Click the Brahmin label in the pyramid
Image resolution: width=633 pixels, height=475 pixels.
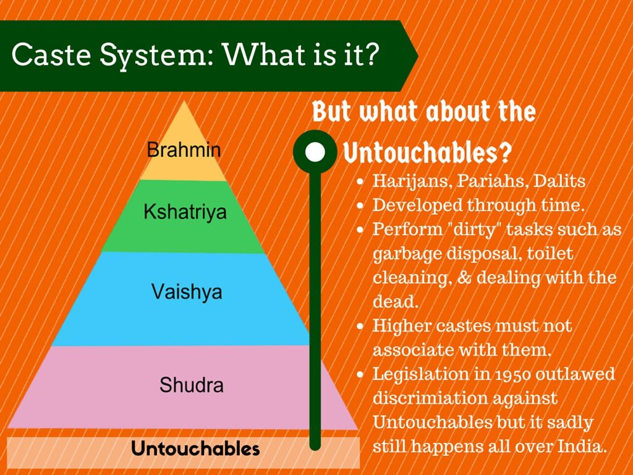[184, 150]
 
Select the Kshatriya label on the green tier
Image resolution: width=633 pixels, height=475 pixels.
[185, 212]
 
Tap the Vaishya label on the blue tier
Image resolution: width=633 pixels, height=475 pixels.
[187, 292]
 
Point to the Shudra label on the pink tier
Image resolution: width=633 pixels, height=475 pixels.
[192, 385]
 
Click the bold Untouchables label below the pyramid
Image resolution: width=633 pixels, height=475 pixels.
[195, 448]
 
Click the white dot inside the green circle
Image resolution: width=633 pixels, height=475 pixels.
[315, 152]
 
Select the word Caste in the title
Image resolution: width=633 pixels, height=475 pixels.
[51, 54]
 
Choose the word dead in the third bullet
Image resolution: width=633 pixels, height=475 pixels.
[395, 301]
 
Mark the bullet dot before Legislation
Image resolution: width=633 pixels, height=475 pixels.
[360, 374]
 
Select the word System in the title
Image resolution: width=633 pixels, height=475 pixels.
[153, 56]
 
